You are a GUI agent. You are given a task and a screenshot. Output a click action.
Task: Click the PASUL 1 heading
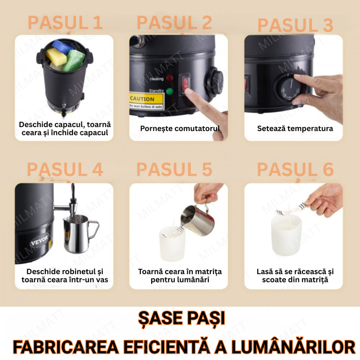[65, 23]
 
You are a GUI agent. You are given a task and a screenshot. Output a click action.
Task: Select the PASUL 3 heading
[295, 25]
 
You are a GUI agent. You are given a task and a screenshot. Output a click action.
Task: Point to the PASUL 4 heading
[65, 169]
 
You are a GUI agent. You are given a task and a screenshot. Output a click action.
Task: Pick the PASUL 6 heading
[295, 169]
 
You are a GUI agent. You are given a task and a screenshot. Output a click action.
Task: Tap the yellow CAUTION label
[142, 99]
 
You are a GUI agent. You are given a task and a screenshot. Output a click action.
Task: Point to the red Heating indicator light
[169, 79]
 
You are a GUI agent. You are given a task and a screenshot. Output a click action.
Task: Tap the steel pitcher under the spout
[80, 234]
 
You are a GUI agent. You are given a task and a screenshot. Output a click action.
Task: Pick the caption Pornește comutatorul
[180, 129]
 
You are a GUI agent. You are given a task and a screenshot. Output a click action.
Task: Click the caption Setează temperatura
[295, 129]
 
